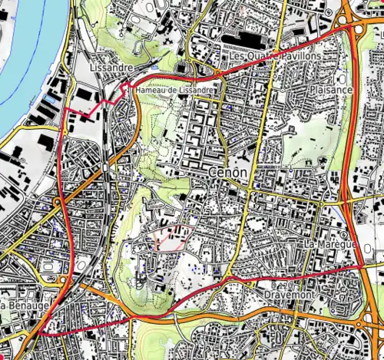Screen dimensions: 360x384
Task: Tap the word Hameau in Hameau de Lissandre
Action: [x=151, y=91]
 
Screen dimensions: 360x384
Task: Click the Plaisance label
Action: [x=331, y=90]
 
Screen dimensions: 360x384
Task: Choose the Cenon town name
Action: [x=227, y=173]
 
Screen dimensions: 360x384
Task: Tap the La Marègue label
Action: [x=329, y=244]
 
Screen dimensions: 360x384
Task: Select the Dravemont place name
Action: [x=286, y=295]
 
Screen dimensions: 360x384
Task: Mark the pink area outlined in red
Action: [x=171, y=239]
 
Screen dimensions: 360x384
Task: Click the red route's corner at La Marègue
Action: [x=362, y=264]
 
